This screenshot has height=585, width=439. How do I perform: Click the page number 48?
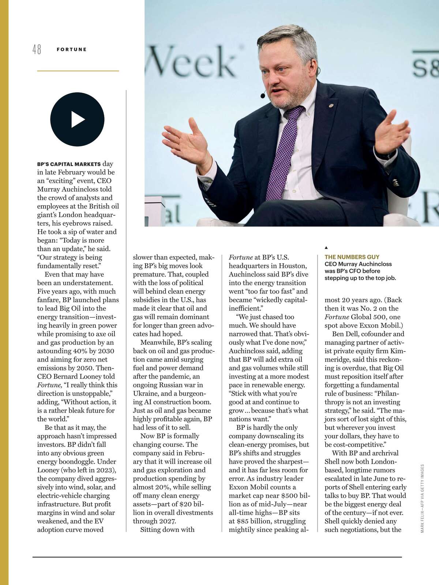[37, 49]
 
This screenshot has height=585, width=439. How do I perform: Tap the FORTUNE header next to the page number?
[72, 49]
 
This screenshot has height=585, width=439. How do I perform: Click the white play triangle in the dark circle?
[78, 120]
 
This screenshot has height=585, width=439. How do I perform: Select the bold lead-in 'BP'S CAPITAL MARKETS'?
[69, 164]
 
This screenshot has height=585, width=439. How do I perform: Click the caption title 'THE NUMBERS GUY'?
[352, 257]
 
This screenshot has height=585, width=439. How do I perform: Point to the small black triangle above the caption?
[326, 248]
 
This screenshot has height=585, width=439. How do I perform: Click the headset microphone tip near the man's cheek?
[263, 96]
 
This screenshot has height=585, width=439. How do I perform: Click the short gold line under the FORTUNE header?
[78, 71]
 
